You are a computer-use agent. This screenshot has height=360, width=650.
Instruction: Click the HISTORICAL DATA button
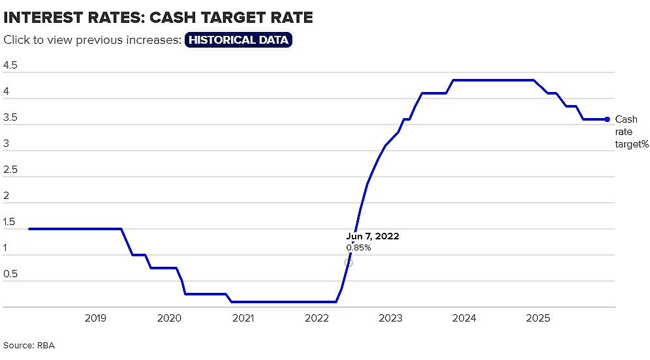click(x=238, y=40)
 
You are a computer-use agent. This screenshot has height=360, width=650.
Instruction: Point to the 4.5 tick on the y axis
click(x=10, y=65)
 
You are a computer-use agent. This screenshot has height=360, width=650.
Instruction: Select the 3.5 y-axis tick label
click(x=10, y=117)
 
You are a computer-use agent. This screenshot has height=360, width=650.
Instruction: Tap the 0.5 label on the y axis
click(x=10, y=274)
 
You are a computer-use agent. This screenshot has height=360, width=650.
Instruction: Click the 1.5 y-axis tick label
click(x=9, y=222)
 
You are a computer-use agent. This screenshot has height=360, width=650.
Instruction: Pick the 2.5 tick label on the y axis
click(x=10, y=170)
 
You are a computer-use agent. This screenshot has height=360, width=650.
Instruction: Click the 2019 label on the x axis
click(x=95, y=318)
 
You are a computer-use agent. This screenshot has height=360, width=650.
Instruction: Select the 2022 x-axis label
click(x=317, y=318)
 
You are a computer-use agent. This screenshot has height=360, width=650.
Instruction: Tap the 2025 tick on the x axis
click(x=538, y=318)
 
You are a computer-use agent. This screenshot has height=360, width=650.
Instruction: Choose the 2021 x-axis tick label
click(x=243, y=318)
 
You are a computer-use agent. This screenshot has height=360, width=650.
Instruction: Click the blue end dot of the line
click(x=608, y=119)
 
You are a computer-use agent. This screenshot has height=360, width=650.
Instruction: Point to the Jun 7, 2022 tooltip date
click(x=373, y=236)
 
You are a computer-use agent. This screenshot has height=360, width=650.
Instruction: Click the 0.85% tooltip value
click(x=358, y=248)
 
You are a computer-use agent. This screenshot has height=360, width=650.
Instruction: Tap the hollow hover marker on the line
click(x=348, y=263)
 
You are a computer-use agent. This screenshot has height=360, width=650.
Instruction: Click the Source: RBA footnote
click(x=29, y=346)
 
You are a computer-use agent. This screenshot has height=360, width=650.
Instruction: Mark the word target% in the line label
click(x=632, y=144)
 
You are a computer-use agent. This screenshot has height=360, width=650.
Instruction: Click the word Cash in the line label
click(x=626, y=119)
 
